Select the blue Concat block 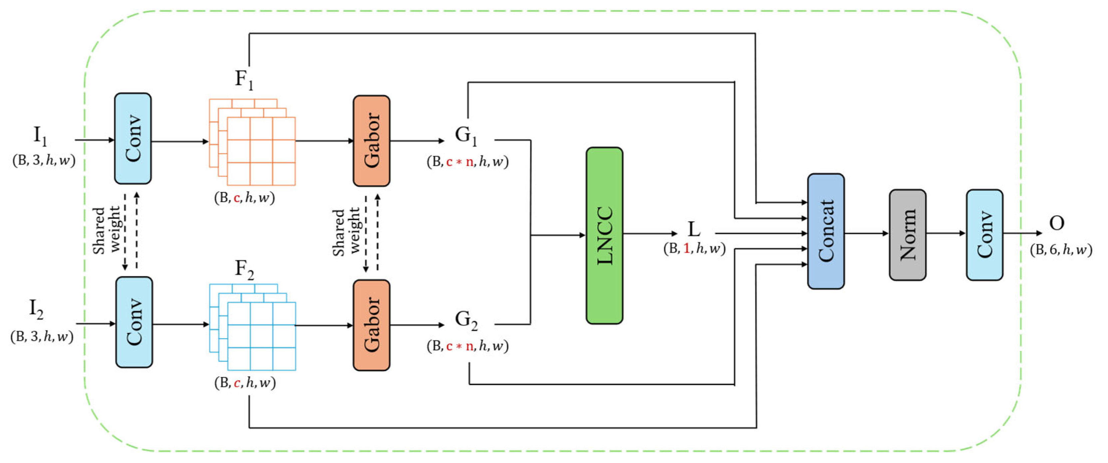825,231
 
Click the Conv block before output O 984,235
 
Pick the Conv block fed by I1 132,139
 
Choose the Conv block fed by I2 134,322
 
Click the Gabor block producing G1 371,141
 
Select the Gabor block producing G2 371,325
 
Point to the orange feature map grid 253,142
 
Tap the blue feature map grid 253,327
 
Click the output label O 1056,223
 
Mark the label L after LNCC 693,229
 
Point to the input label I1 40,136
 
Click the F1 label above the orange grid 244,80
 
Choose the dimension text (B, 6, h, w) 1061,250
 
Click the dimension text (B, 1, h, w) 694,249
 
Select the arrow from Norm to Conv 946,233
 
